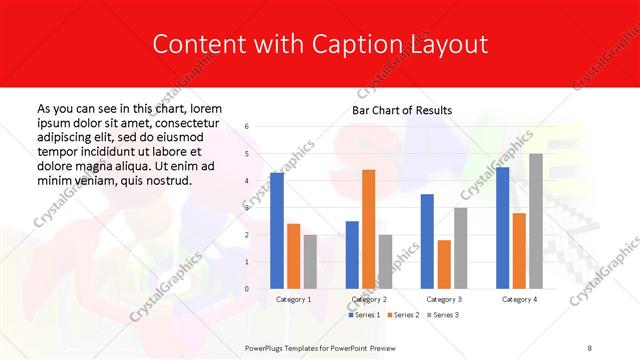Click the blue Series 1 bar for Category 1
coord(277,231)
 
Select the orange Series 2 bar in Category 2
coord(368,229)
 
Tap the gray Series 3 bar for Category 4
coord(536,221)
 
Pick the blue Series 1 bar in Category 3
coord(427,241)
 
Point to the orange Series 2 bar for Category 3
coord(444,264)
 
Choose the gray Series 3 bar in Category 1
coord(310,262)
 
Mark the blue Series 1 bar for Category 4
coord(502,228)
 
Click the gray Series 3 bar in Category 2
coord(385,262)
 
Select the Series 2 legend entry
coord(404,315)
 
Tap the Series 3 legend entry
coord(444,315)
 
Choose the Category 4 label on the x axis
coord(519,299)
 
